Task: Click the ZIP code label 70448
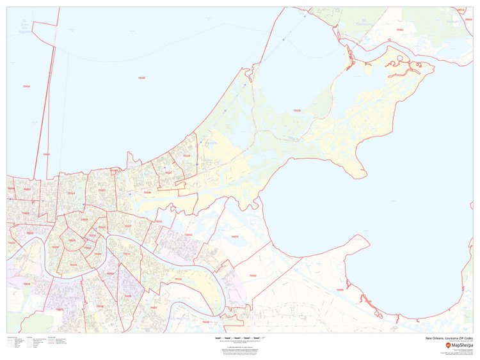tap(141, 77)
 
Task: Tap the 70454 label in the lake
tap(26, 86)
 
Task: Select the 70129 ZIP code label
tap(297, 111)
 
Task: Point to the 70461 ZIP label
tap(399, 29)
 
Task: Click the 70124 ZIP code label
tap(72, 192)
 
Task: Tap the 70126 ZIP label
tap(147, 192)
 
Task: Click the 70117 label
tap(127, 226)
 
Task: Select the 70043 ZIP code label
tap(188, 235)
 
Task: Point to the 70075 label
tap(234, 237)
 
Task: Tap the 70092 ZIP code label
tap(252, 276)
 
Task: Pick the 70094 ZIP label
tap(26, 283)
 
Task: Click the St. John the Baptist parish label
tap(25, 29)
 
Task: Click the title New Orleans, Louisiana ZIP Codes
tap(449, 338)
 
